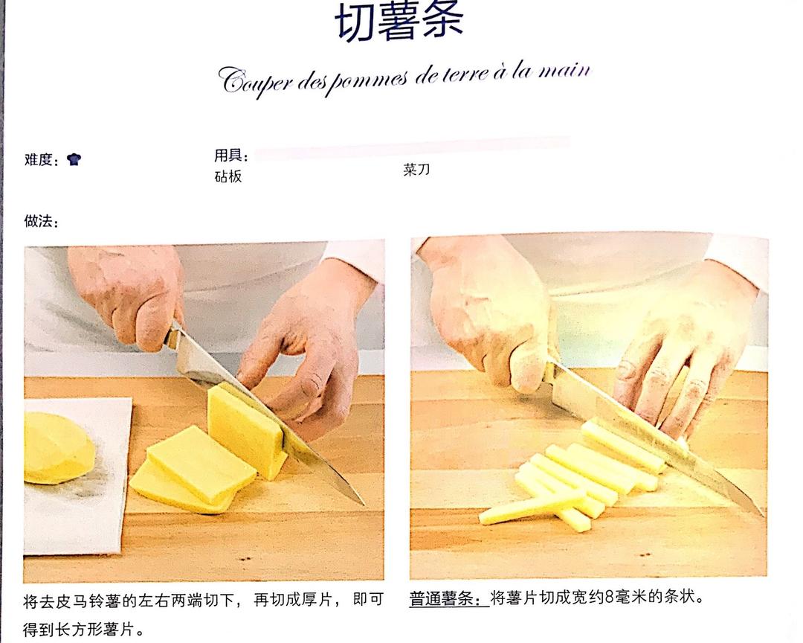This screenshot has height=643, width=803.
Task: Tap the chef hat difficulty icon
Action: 74,159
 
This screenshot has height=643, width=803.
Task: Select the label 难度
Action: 38,159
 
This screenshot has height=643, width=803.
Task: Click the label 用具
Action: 228,155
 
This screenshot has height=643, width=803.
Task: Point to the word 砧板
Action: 228,176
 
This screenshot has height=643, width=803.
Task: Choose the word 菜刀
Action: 416,170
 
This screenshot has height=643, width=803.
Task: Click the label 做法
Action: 38,221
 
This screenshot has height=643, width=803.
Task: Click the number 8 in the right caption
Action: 610,598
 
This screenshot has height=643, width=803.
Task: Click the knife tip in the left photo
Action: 363,504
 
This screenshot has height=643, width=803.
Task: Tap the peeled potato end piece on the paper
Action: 58,448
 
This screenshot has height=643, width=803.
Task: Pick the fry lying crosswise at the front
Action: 532,507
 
